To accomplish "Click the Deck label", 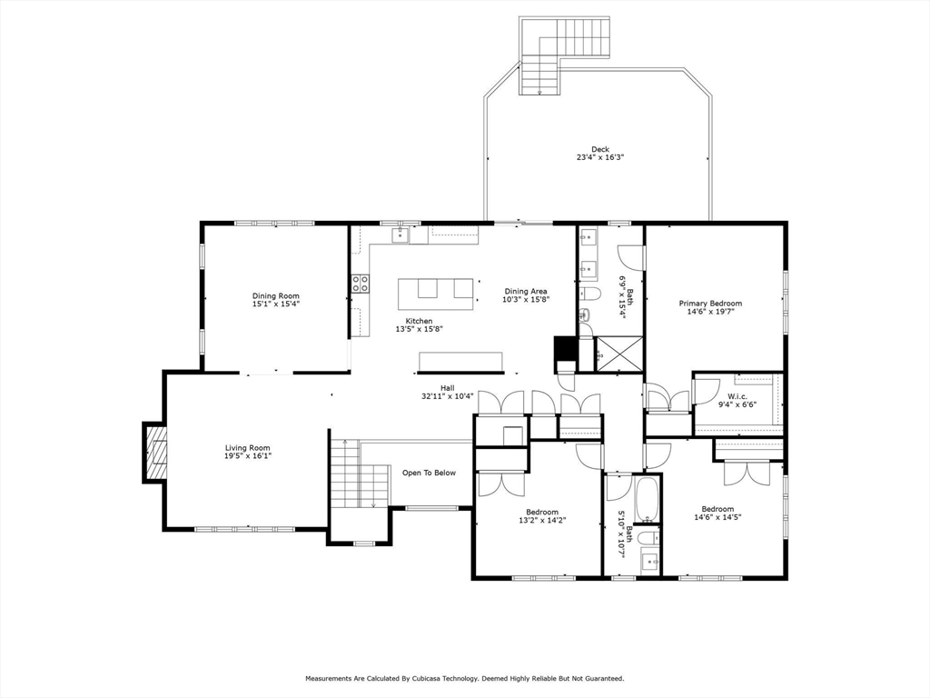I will point(600,149).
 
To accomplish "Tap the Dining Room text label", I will point(276,295).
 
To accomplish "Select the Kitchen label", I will point(419,321).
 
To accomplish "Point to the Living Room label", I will point(248,447).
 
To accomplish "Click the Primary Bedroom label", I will point(710,304).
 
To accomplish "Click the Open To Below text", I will point(429,473).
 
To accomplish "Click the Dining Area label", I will point(526,291).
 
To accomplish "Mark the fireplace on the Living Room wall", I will point(155,452).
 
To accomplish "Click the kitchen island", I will point(438,290).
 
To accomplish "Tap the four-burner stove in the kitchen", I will point(361,284).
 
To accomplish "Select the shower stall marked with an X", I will point(620,353).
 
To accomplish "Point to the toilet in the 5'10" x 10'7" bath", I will point(648,540).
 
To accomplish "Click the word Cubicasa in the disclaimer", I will point(454,678).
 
